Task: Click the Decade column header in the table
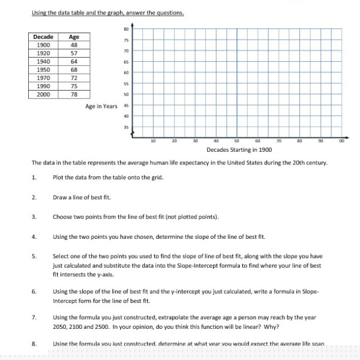(43, 37)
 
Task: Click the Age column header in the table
(74, 37)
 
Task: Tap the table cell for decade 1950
(43, 69)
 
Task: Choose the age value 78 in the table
(74, 94)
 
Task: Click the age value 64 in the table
(74, 61)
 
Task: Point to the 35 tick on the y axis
(127, 128)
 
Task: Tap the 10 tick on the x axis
(153, 141)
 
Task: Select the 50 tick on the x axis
(238, 141)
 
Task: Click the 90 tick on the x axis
(322, 141)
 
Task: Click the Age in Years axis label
(101, 106)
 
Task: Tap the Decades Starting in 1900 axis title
(238, 149)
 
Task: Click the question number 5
(35, 256)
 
